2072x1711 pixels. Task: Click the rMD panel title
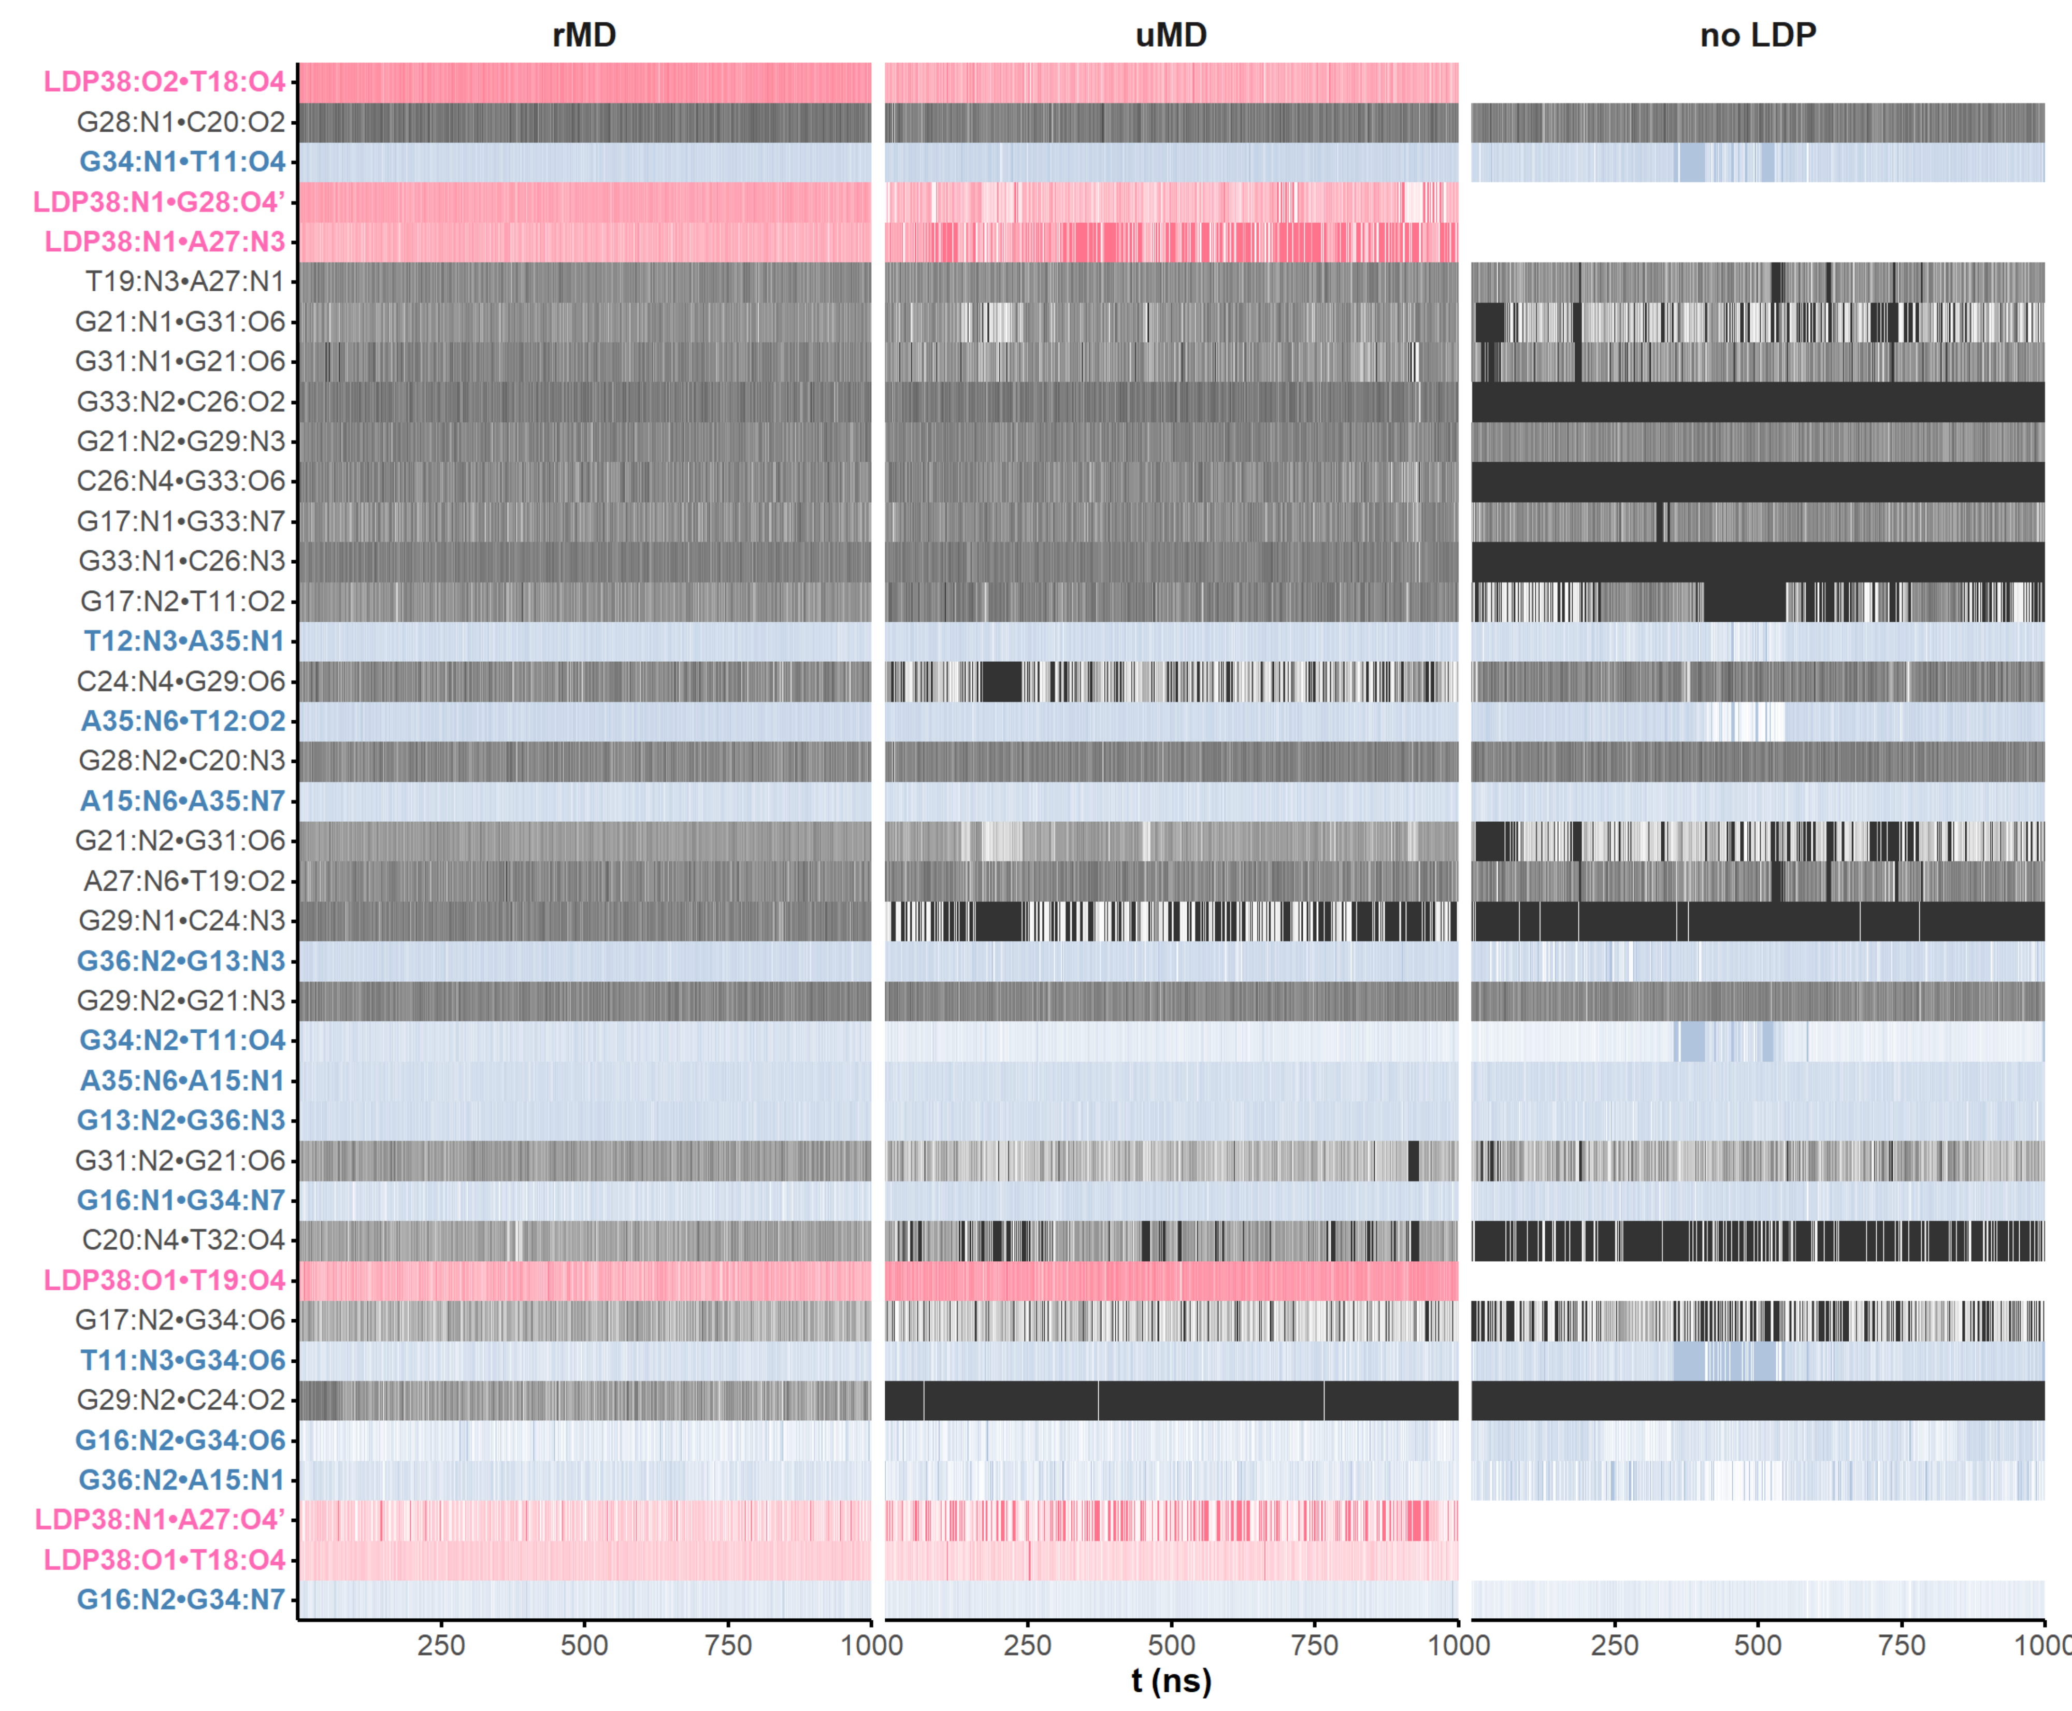pos(584,35)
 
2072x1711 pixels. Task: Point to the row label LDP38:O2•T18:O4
pos(165,82)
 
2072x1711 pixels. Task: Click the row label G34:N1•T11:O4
pos(182,162)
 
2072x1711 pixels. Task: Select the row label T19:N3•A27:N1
pos(185,282)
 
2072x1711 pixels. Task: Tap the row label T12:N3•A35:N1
pos(184,641)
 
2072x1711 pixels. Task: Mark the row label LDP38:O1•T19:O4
pos(165,1280)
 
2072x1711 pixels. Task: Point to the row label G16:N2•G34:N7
pos(181,1600)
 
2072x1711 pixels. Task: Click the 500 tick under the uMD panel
pos(1172,1646)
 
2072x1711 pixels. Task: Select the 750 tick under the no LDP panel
pos(1902,1646)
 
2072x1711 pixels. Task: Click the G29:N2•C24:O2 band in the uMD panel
pos(1172,1401)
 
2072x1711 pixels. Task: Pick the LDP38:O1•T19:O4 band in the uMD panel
pos(1172,1280)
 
